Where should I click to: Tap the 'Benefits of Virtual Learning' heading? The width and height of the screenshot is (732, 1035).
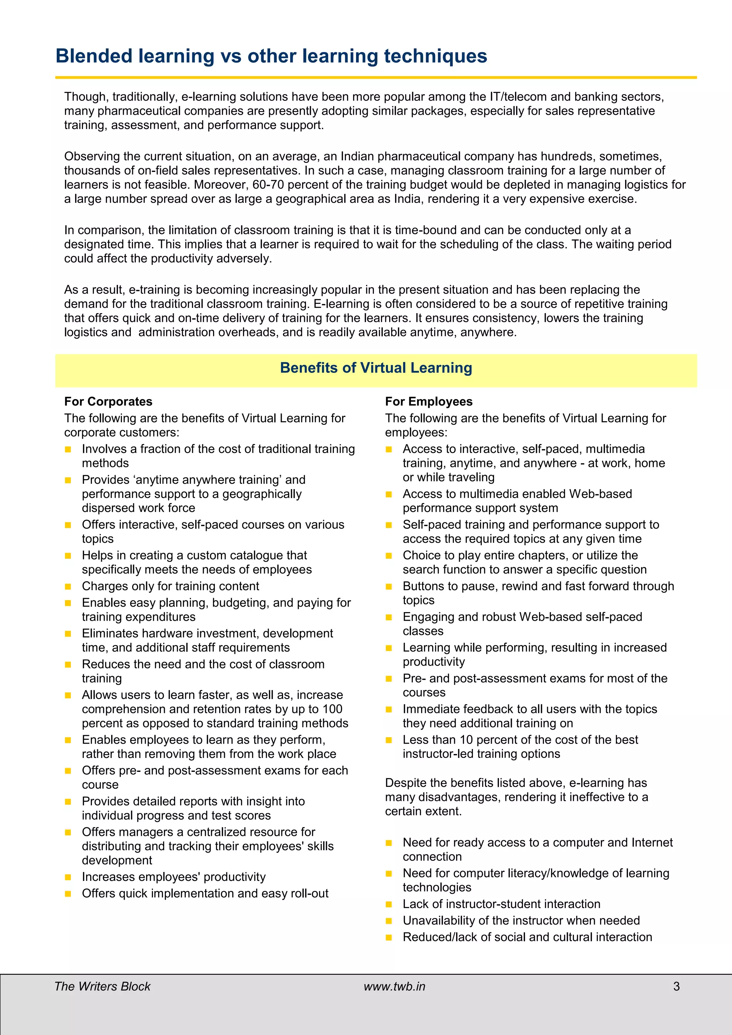tap(376, 368)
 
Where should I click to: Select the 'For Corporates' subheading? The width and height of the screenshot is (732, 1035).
tap(108, 401)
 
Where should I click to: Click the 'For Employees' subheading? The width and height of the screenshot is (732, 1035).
tap(429, 401)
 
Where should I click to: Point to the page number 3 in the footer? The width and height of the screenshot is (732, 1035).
tap(676, 986)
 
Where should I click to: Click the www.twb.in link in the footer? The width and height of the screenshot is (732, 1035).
tap(394, 986)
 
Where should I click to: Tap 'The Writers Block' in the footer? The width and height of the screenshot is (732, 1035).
tap(102, 986)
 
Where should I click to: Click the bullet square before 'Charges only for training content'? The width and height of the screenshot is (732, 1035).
tap(68, 586)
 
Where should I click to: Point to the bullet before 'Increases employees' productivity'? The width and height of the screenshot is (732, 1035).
tap(68, 877)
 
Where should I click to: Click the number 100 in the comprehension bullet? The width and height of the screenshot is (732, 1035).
tap(332, 709)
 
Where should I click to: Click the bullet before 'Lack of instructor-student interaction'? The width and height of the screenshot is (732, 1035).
tap(389, 904)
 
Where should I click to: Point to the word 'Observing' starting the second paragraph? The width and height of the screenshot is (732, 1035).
tap(91, 157)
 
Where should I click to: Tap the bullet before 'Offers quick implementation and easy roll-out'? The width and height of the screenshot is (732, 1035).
tap(68, 893)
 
